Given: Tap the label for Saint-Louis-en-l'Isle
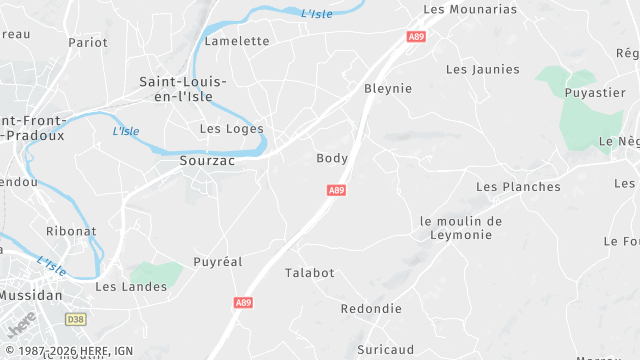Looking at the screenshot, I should pyautogui.click(x=183, y=89).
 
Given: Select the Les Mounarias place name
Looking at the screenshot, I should pyautogui.click(x=470, y=9).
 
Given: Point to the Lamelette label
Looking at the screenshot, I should pyautogui.click(x=237, y=41).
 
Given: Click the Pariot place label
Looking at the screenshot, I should pyautogui.click(x=88, y=42).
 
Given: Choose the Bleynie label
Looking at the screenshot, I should pyautogui.click(x=388, y=88).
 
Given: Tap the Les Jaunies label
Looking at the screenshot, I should pyautogui.click(x=483, y=69).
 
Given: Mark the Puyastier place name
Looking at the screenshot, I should pyautogui.click(x=595, y=92).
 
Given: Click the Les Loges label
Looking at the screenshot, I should pyautogui.click(x=232, y=128).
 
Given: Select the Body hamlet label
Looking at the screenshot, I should pyautogui.click(x=332, y=158).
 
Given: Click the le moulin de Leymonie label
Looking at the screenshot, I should pyautogui.click(x=461, y=227).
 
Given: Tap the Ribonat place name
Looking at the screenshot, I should pyautogui.click(x=71, y=230).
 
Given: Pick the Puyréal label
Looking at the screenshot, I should pyautogui.click(x=218, y=261).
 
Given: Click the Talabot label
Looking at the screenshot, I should pyautogui.click(x=310, y=272).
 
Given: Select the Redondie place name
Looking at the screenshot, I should pyautogui.click(x=371, y=308).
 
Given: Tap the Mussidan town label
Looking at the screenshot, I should pyautogui.click(x=30, y=296).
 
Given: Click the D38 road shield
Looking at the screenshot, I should pyautogui.click(x=76, y=319).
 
